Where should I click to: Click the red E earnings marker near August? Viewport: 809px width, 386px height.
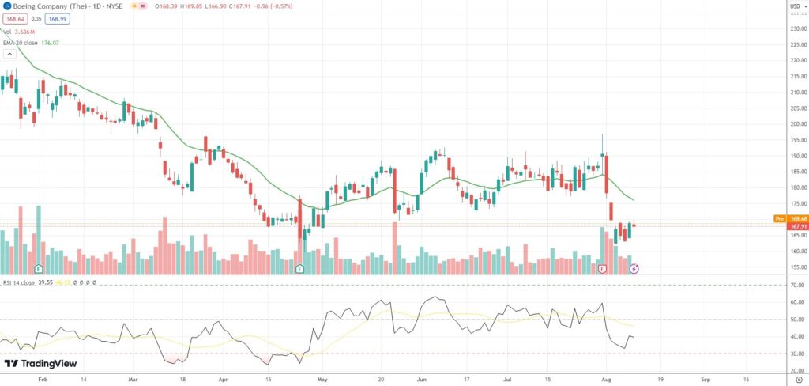tap(603, 269)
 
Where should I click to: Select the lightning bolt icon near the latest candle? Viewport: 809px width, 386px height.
tap(634, 269)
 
